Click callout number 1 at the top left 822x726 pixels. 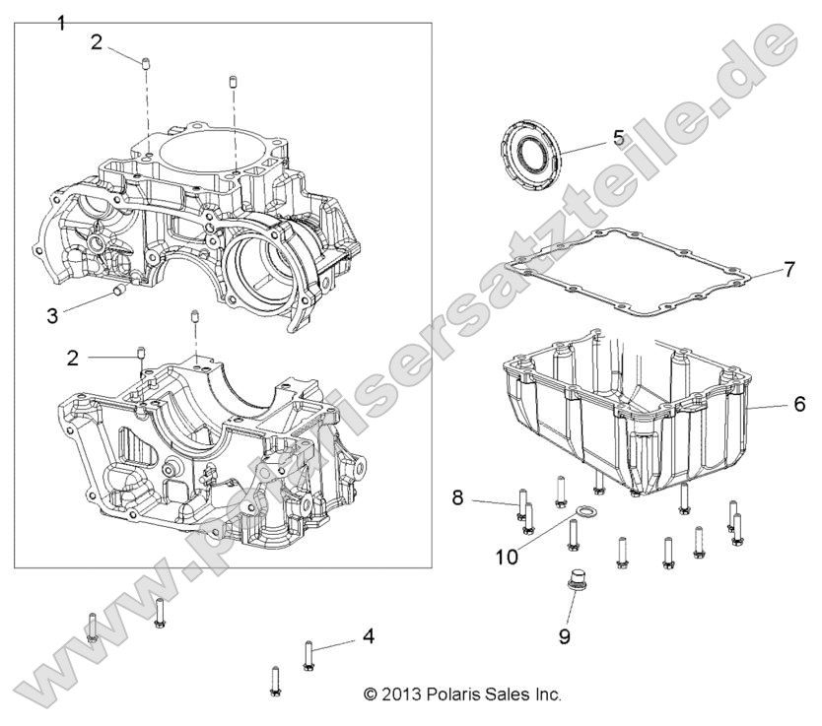pos(61,22)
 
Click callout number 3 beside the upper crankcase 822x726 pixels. pos(51,315)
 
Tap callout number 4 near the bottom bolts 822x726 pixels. pos(368,636)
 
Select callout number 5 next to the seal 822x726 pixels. pos(618,137)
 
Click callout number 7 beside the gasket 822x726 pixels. pos(788,269)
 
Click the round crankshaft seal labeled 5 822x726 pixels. pos(531,154)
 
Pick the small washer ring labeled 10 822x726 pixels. pos(585,511)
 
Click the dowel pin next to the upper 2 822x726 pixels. pos(146,65)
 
